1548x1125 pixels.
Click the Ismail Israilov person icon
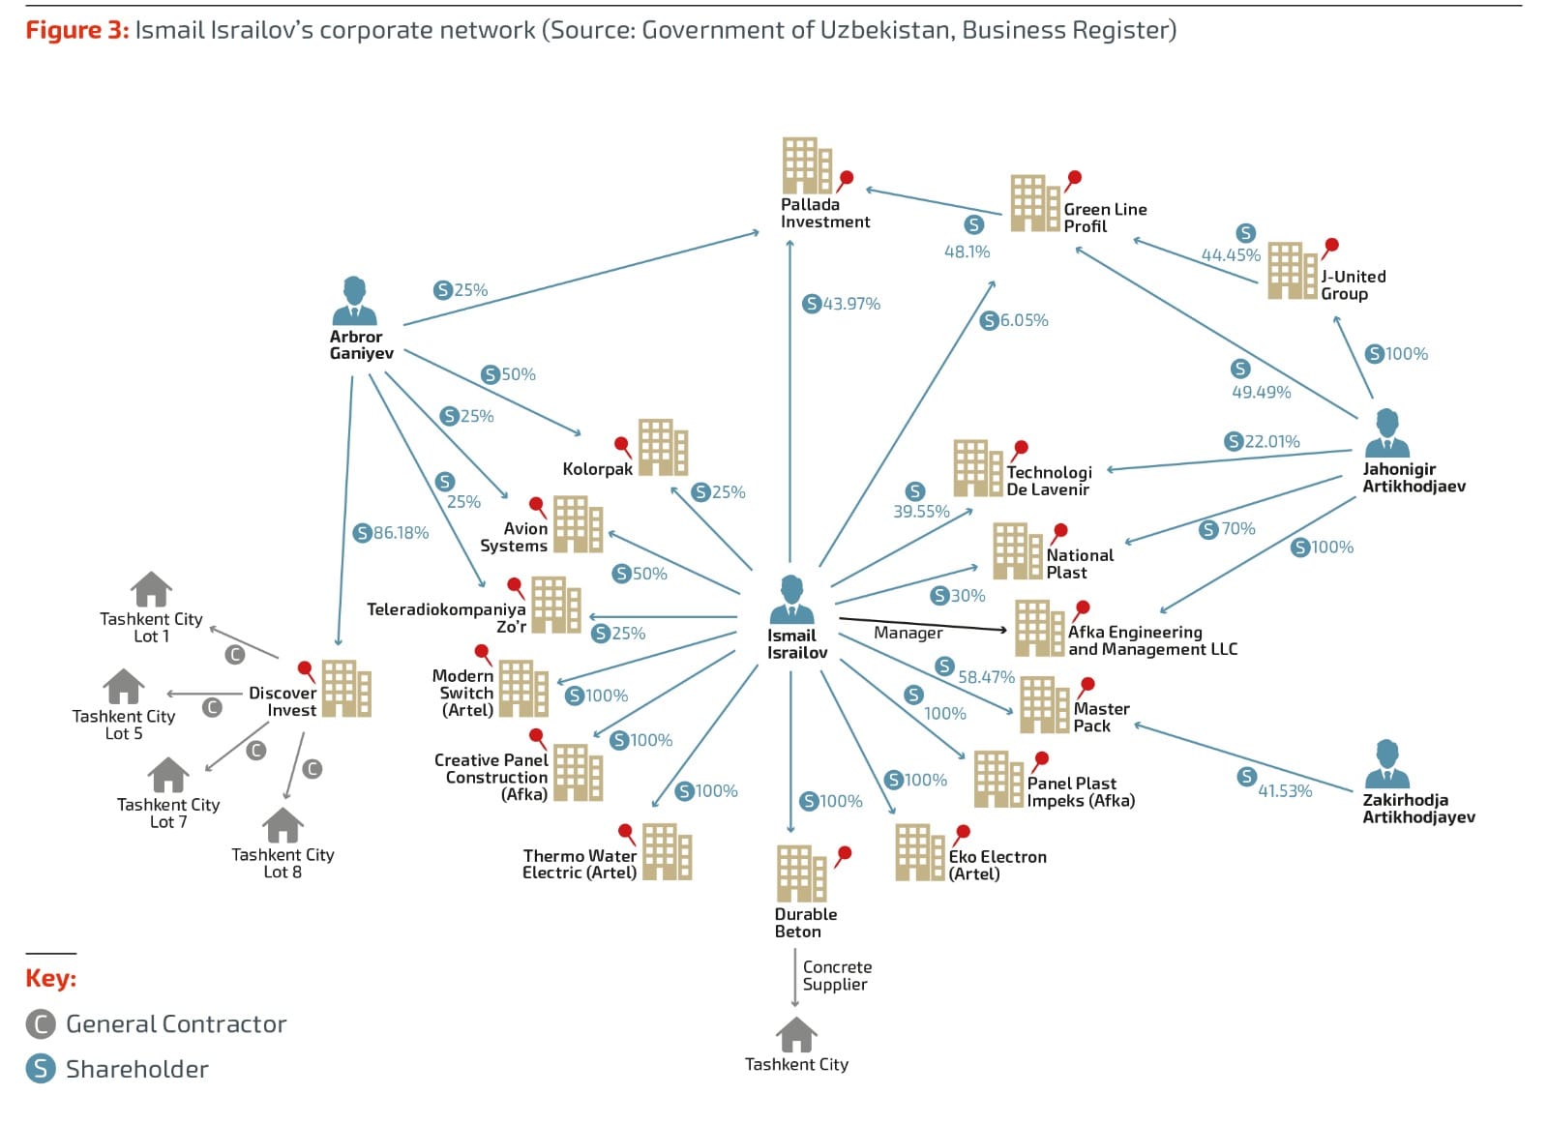click(791, 600)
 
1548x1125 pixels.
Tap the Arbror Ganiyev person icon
click(354, 301)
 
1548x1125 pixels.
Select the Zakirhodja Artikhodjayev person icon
click(1386, 764)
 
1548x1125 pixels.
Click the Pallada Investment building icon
click(806, 165)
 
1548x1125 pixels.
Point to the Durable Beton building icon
click(800, 873)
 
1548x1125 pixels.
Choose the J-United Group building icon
click(1292, 270)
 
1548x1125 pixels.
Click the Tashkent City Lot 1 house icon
click(151, 589)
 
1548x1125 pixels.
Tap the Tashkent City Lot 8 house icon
click(283, 825)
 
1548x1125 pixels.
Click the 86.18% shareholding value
click(401, 533)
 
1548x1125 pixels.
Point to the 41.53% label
click(1285, 790)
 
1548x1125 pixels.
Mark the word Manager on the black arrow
click(908, 633)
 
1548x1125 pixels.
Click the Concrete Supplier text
click(837, 975)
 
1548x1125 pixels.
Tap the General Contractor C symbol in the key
click(41, 1023)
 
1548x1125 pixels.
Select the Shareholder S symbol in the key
click(41, 1069)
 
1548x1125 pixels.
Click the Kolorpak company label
click(597, 469)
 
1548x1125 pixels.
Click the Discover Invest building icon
click(345, 688)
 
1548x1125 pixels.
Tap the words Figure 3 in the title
click(76, 30)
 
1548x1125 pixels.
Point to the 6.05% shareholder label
click(1024, 320)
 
